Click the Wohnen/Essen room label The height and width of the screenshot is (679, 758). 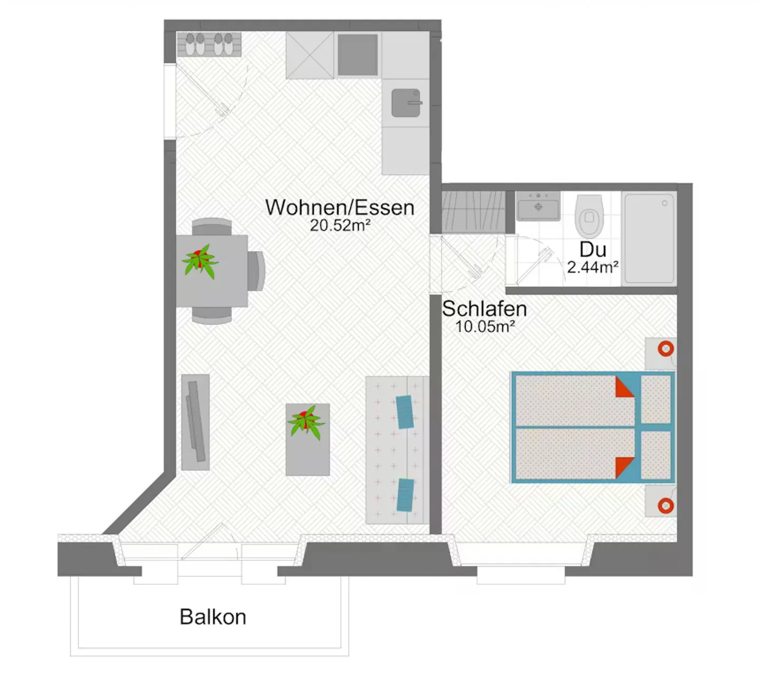click(x=340, y=208)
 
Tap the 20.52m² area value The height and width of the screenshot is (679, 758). click(x=340, y=225)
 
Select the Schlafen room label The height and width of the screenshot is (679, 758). click(x=484, y=309)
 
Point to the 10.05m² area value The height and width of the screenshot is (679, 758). click(x=484, y=327)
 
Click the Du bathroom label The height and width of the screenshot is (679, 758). click(x=593, y=249)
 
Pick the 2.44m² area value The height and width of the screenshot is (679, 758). click(x=593, y=267)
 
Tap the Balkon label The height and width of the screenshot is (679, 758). click(x=213, y=617)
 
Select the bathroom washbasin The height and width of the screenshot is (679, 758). click(x=538, y=206)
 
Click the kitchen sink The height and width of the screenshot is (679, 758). click(x=406, y=103)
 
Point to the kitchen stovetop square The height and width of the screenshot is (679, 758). click(x=357, y=55)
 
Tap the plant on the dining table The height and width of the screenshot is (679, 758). click(x=200, y=260)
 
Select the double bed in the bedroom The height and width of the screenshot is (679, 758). click(x=593, y=427)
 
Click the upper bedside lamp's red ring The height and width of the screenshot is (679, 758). click(x=666, y=349)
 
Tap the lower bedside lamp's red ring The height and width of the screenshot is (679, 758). click(x=666, y=506)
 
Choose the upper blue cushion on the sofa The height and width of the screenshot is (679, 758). click(x=404, y=411)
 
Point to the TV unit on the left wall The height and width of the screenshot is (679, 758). click(x=195, y=422)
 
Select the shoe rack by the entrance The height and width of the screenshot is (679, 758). click(x=210, y=44)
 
